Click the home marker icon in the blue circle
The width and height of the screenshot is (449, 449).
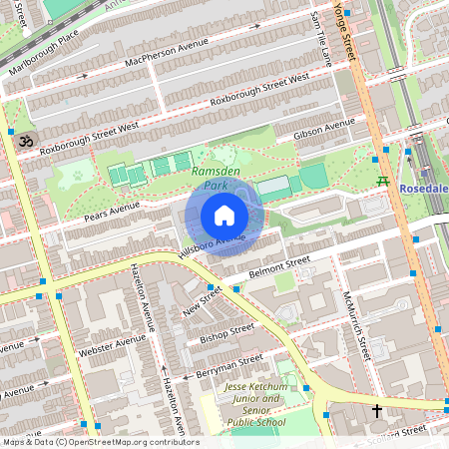[x=224, y=215]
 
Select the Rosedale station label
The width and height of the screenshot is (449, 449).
[x=425, y=189]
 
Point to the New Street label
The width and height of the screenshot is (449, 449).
[x=202, y=300]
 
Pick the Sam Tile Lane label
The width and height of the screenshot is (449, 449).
[x=320, y=40]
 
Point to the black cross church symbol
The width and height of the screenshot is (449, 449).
[x=377, y=410]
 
